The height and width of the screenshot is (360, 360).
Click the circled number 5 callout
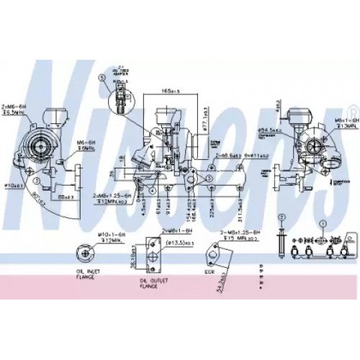(102, 77)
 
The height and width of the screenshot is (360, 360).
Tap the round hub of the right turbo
(315, 145)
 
